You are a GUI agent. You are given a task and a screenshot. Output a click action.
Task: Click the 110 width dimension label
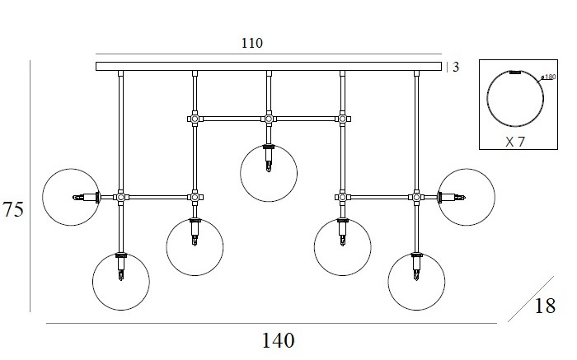tap(253, 44)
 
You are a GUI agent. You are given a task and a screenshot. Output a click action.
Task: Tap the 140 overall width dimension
tap(279, 339)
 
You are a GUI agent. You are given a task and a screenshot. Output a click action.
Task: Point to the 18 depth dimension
tap(545, 306)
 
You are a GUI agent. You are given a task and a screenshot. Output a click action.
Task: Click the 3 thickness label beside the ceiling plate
tap(455, 67)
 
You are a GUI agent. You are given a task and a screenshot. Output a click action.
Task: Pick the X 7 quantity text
tap(515, 142)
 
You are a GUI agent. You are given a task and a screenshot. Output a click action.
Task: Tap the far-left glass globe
tap(70, 198)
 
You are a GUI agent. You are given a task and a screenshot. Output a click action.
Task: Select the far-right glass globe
tap(467, 197)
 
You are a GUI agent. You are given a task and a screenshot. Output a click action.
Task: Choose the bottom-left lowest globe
tap(121, 281)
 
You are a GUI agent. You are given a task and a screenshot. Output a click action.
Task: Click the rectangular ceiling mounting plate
tap(269, 66)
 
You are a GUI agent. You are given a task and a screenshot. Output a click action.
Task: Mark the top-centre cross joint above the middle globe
tap(269, 119)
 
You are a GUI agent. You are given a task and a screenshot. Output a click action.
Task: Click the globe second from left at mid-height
tap(195, 247)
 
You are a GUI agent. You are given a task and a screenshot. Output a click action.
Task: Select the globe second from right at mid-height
tap(343, 247)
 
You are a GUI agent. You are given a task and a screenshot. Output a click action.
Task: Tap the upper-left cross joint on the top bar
tap(195, 119)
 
